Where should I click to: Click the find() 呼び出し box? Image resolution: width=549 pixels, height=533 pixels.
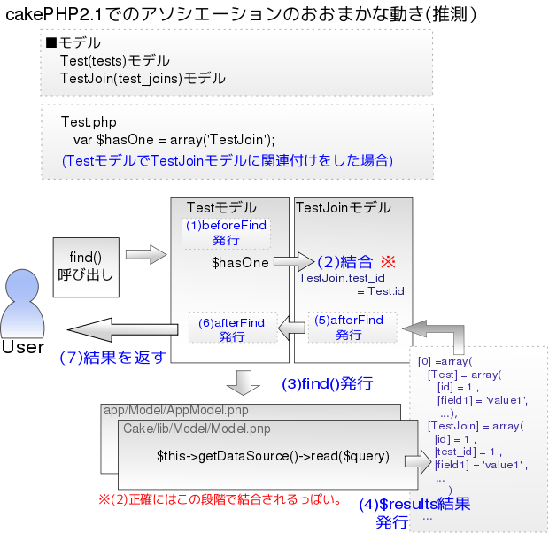point(85,265)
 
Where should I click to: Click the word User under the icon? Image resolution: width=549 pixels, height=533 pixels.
point(23,347)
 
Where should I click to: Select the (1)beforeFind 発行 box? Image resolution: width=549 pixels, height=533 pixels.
point(225,233)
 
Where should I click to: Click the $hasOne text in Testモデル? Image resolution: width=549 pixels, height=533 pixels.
point(240,263)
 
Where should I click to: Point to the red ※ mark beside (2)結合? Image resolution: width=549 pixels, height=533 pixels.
point(387,262)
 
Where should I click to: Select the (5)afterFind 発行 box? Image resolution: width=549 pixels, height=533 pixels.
point(349,328)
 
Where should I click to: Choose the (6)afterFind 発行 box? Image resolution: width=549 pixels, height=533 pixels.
point(232,328)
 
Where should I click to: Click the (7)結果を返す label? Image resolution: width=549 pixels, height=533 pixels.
point(112,358)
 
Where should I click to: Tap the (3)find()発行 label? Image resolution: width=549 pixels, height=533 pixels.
point(327,384)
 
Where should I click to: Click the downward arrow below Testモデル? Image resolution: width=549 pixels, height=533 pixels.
point(242,382)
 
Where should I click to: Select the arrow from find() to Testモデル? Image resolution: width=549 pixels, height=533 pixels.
point(146,255)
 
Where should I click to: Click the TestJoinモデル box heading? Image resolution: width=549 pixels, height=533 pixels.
point(342,208)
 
